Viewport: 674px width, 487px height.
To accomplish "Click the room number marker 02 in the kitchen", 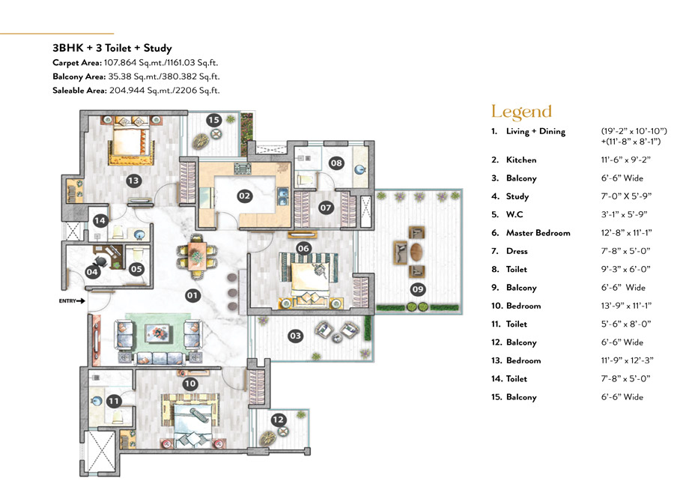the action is tap(244, 196).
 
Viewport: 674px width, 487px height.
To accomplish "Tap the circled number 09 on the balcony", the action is tap(418, 289).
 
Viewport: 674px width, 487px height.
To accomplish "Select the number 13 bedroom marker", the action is tap(134, 181).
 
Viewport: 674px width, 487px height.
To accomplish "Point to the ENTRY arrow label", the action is tap(72, 301).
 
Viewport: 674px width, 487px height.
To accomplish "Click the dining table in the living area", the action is tap(197, 257).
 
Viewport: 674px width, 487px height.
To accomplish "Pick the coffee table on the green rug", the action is tap(159, 332).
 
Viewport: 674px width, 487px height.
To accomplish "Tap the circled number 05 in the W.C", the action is tap(136, 269).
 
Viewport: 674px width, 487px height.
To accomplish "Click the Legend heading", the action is tap(521, 112).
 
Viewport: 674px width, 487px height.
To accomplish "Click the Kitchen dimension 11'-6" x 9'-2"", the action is tap(625, 160).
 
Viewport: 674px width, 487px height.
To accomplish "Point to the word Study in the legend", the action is tap(517, 196).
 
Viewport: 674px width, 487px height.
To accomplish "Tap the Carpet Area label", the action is tap(77, 63).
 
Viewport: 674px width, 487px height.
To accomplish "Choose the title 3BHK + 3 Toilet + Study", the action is tap(112, 48).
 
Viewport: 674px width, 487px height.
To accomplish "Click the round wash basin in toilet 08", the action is tap(359, 169).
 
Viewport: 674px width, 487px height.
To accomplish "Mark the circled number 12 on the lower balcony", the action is tap(279, 420).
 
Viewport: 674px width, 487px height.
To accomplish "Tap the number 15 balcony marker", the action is tap(213, 120).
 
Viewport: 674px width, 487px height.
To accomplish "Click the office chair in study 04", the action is tap(100, 261).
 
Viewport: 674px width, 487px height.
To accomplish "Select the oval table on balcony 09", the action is tap(416, 252).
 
